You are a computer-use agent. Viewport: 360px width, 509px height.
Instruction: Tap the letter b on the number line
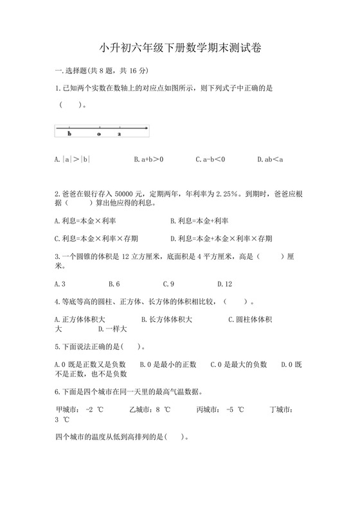click(x=69, y=134)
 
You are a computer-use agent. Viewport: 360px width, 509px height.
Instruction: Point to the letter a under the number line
click(x=119, y=134)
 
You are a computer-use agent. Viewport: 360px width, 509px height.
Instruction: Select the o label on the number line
click(x=98, y=134)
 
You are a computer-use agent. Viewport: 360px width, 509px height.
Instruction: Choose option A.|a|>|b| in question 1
click(x=73, y=159)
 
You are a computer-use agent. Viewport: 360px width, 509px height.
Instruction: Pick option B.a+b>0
click(x=148, y=159)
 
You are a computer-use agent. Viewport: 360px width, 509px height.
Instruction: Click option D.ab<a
click(x=270, y=159)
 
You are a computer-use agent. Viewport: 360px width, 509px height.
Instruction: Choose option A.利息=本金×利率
click(x=85, y=220)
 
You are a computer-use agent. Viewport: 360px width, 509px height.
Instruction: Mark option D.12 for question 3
click(x=224, y=283)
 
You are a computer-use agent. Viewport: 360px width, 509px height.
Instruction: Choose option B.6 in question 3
click(x=114, y=283)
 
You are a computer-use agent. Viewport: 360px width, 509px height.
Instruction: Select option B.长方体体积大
click(x=166, y=319)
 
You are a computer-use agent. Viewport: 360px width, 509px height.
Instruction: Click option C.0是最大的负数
click(x=239, y=364)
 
